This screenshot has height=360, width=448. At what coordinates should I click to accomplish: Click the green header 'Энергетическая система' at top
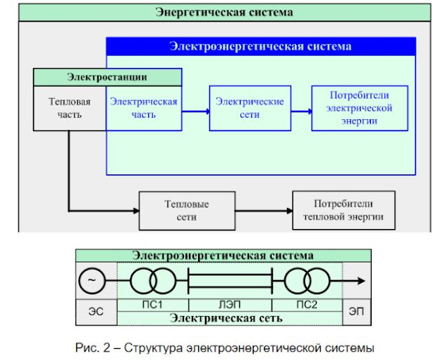tap(223, 13)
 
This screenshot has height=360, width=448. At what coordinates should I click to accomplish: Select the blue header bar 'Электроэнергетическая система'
tap(260, 47)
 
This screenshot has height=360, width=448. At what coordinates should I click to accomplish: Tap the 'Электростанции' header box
tap(107, 76)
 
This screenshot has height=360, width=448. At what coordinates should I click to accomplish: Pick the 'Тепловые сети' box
tap(186, 211)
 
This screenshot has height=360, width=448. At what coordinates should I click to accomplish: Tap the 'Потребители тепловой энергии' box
tap(343, 211)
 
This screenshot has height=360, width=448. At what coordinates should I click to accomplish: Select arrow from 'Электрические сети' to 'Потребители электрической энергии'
tap(301, 111)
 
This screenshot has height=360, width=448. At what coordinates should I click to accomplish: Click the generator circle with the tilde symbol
tap(92, 282)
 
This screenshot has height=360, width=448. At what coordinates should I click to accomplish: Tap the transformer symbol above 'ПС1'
tap(153, 282)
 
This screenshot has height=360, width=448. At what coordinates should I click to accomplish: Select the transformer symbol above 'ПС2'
tap(306, 282)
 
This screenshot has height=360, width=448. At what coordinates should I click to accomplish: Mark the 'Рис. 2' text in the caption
tap(91, 347)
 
